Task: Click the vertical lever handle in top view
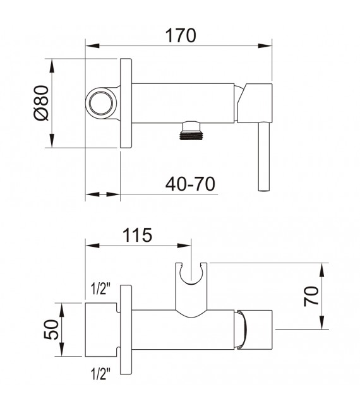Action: coord(263,157)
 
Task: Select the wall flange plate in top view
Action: coord(126,104)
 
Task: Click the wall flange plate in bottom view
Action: coord(126,329)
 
